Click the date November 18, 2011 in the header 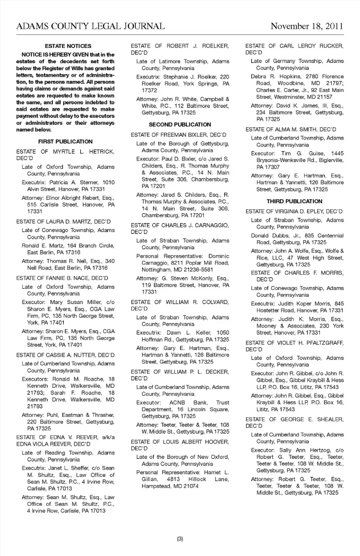pyautogui.click(x=307, y=26)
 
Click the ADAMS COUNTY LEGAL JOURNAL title pyautogui.click(x=90, y=26)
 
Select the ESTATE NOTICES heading pyautogui.click(x=68, y=46)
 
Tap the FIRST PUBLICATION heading pyautogui.click(x=65, y=142)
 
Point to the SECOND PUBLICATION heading pyautogui.click(x=180, y=124)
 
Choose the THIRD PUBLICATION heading pyautogui.click(x=294, y=201)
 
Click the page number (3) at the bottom pyautogui.click(x=180, y=539)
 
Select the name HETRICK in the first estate pyautogui.click(x=102, y=152)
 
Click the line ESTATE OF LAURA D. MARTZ pyautogui.click(x=63, y=222)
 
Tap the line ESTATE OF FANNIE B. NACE pyautogui.click(x=62, y=278)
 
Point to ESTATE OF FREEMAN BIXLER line pyautogui.click(x=178, y=135)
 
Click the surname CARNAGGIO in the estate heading pyautogui.click(x=211, y=225)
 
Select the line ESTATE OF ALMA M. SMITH pyautogui.click(x=291, y=129)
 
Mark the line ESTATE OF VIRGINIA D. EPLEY pyautogui.click(x=294, y=211)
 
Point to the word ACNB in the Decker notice pyautogui.click(x=177, y=403)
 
